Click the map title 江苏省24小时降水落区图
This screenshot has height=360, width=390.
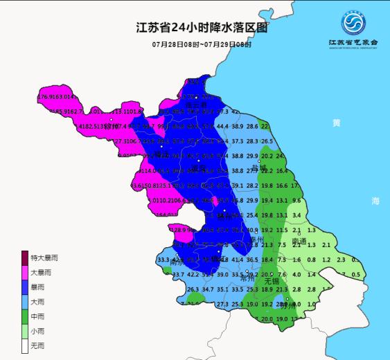(x=200, y=29)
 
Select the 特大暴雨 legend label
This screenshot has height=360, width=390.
(x=44, y=258)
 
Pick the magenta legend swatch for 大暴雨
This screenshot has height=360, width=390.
(x=25, y=273)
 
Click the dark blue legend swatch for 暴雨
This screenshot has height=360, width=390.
(x=25, y=287)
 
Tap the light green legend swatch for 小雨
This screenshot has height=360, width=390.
(x=25, y=331)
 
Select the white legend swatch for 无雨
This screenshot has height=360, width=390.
(x=25, y=345)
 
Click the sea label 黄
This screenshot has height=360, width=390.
(x=336, y=123)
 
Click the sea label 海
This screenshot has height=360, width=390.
(x=375, y=201)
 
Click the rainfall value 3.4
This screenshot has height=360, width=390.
(x=296, y=215)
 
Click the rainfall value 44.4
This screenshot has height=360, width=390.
(x=222, y=127)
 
